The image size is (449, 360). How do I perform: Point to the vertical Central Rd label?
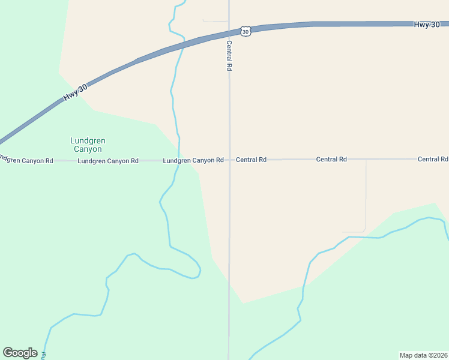coord(229,56)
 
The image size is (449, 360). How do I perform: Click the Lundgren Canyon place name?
coord(88,145)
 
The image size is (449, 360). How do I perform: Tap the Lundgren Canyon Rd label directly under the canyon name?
coord(108,161)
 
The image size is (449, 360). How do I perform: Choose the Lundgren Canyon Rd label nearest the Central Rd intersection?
coord(193,160)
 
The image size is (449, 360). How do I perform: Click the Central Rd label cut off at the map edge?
coord(433,159)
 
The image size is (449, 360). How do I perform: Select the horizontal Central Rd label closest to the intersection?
coord(251,160)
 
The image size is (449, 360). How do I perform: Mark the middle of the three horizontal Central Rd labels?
coord(331,159)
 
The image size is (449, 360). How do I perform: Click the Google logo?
coord(20,353)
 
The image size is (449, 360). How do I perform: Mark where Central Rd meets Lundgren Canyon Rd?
coord(229,160)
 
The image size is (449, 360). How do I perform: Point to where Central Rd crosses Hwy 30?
coord(229,32)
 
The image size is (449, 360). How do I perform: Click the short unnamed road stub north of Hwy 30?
coord(215,22)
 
